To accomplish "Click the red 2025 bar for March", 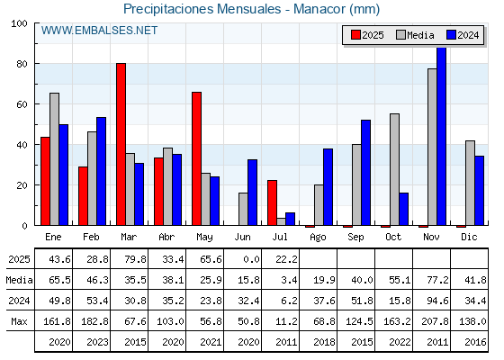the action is tap(121, 144).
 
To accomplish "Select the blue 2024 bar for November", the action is tap(441, 136).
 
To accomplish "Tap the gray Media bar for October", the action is tap(394, 169).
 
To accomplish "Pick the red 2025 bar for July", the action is tap(272, 202).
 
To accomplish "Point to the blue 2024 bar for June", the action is tap(252, 193).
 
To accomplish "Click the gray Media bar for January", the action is tap(54, 159).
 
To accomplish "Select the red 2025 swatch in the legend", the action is tap(355, 35).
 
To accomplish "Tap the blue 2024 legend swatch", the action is tap(451, 35).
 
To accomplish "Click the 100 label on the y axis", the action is tap(19, 23).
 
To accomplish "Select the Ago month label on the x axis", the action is tap(318, 238).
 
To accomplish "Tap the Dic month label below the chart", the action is tap(469, 237).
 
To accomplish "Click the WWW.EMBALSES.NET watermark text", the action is tap(99, 31).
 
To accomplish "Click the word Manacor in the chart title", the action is tap(320, 9).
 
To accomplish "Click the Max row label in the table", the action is tap(19, 321).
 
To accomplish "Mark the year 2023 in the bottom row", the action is tap(97, 342).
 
